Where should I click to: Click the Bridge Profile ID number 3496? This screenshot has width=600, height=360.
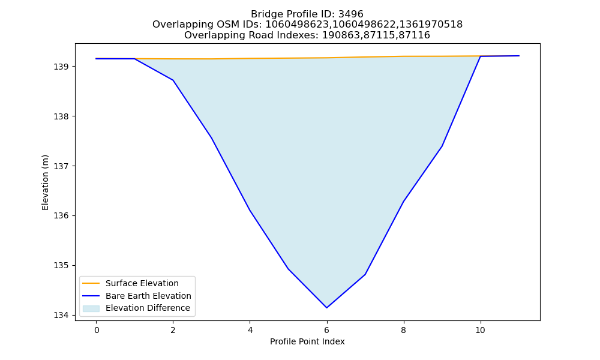coord(350,14)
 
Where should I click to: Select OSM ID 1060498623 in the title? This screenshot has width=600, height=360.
coord(296,25)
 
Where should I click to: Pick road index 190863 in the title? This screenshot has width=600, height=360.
coord(340,35)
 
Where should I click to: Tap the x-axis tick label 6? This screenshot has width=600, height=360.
coord(327,330)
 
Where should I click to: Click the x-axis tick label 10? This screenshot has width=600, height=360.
coord(480,330)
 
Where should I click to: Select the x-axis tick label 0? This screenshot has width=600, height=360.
coord(97,330)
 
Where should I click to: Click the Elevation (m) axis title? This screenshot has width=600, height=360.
coord(45,182)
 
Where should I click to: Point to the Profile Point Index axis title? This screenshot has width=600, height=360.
coord(307,341)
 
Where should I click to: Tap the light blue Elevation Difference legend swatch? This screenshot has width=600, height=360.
coord(91,308)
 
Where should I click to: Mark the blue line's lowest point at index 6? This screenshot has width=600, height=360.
coord(327,308)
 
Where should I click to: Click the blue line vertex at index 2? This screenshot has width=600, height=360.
coord(173,80)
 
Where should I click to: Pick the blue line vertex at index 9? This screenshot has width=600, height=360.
coord(442,146)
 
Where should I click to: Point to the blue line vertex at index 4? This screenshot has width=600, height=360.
coord(250,210)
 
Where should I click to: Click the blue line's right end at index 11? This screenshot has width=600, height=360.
coord(519,56)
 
